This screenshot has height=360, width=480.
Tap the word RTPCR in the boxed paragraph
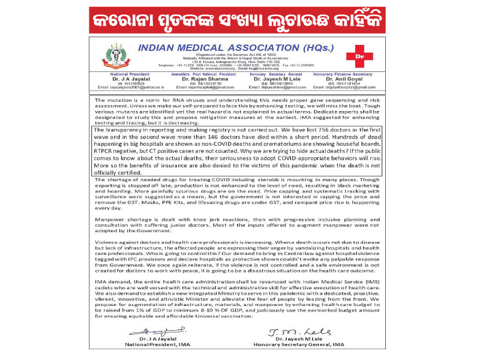pos(107,152)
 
